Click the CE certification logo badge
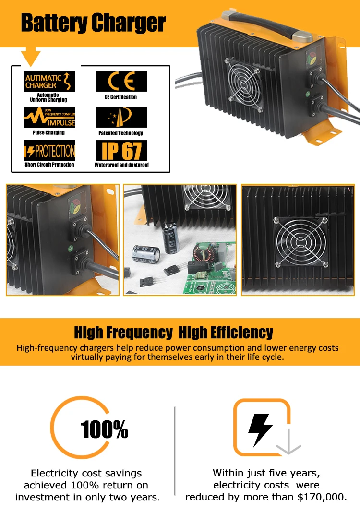[121, 81]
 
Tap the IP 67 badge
[121, 151]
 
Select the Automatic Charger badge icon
[49, 81]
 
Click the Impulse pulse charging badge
[49, 118]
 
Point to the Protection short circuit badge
[49, 151]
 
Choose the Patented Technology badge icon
[121, 117]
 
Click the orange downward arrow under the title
[31, 56]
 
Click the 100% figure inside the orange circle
[104, 429]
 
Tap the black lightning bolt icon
[260, 430]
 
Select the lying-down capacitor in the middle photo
[146, 254]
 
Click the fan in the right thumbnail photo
[301, 242]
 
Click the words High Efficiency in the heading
[226, 333]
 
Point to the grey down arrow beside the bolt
[288, 441]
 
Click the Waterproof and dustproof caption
[121, 165]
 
